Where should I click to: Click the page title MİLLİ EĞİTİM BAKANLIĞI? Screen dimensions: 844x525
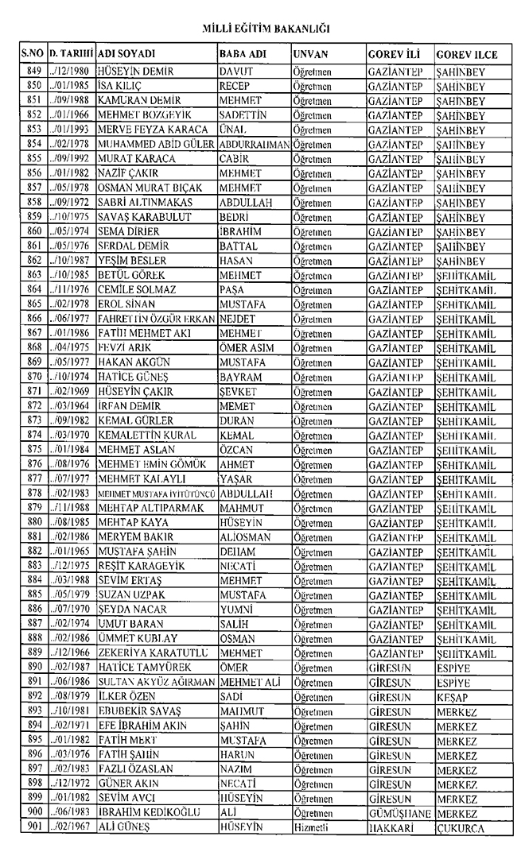pyautogui.click(x=262, y=29)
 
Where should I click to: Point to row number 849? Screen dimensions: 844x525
pyautogui.click(x=33, y=71)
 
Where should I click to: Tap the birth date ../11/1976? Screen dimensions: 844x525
pyautogui.click(x=71, y=304)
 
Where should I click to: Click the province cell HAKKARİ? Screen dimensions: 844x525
pyautogui.click(x=390, y=830)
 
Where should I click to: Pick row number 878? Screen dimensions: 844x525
pyautogui.click(x=33, y=494)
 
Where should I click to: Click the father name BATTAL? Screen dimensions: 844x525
pyautogui.click(x=237, y=246)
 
